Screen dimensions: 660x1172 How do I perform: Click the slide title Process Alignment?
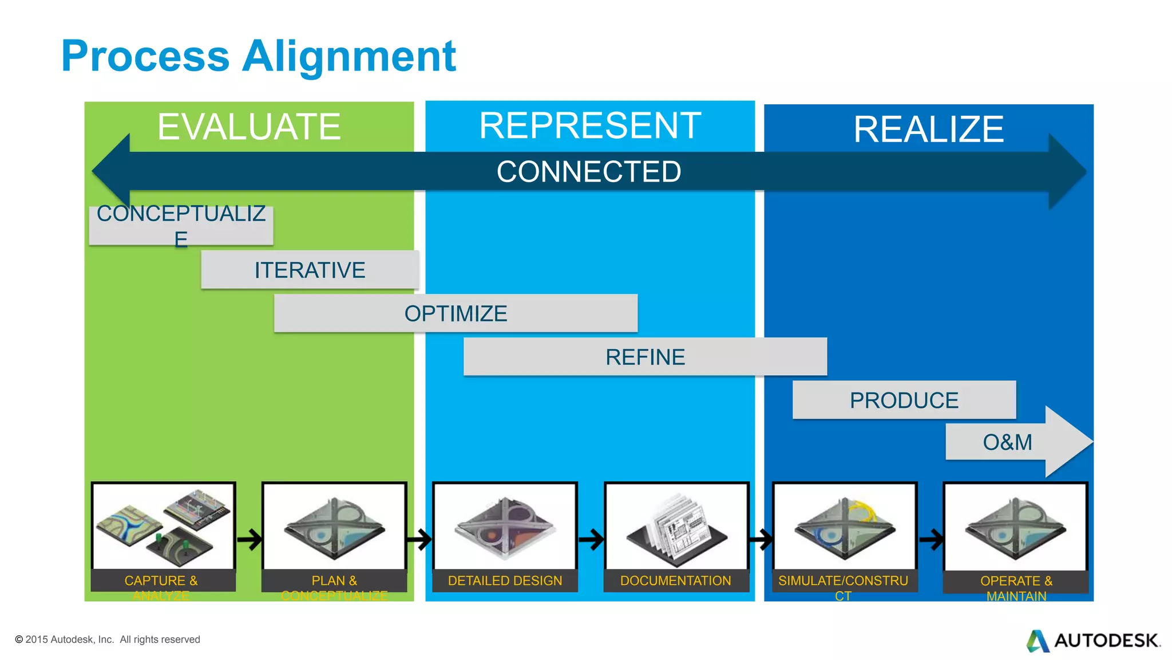pos(258,56)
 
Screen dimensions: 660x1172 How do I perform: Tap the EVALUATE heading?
pos(249,127)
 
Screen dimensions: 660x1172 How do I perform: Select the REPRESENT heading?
pos(590,125)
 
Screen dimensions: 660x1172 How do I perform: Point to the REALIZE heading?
pos(928,129)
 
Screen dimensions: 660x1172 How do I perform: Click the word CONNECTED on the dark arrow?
pos(589,171)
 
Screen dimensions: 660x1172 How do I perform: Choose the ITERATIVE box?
pos(310,270)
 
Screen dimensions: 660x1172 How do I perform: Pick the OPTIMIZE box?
pos(456,313)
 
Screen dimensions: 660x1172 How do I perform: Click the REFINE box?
pos(645,357)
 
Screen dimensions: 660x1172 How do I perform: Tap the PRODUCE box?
pos(904,400)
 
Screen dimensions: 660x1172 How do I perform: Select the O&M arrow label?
pos(1007,442)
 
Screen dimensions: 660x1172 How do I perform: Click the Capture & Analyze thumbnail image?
pos(163,526)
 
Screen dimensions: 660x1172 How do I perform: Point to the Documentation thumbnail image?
pos(676,526)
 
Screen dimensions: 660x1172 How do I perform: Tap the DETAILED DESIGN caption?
pos(505,580)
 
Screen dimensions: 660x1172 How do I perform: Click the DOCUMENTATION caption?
pos(675,580)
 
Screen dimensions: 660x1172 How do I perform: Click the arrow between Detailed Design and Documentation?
pos(591,539)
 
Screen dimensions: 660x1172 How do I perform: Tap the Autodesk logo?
pos(1093,641)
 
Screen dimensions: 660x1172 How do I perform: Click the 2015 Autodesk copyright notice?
pos(108,639)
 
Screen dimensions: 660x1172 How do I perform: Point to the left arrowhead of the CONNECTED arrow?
pos(112,171)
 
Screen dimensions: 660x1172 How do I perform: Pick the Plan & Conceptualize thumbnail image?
pos(334,526)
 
